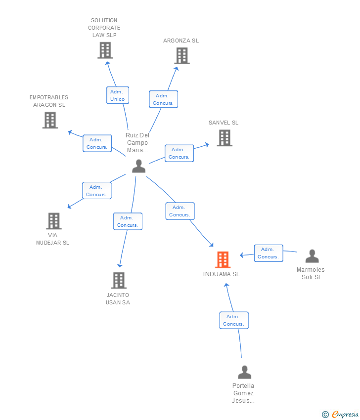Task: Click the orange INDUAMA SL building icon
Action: tap(223, 259)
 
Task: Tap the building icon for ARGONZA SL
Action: tap(182, 56)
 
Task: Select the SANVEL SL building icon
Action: tap(225, 138)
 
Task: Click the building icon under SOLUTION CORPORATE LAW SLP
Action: tap(105, 50)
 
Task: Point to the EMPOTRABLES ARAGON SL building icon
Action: tap(50, 120)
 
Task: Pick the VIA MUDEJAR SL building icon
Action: tap(54, 221)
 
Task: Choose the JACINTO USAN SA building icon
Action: tap(119, 281)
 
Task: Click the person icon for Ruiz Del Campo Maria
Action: tap(139, 166)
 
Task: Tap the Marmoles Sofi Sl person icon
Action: tap(312, 256)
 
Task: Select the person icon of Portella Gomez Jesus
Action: tap(244, 372)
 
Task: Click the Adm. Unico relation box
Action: tap(118, 95)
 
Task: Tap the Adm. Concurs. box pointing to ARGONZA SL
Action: tap(164, 99)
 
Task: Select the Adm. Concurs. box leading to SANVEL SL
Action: tap(180, 153)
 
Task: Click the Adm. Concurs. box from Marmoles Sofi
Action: tap(269, 253)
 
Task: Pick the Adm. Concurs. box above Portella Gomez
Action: tap(234, 320)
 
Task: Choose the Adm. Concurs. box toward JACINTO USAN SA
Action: tap(128, 221)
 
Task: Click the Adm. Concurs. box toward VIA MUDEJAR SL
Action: tap(97, 190)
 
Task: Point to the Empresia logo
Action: tap(340, 415)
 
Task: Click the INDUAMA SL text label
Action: tap(222, 274)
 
